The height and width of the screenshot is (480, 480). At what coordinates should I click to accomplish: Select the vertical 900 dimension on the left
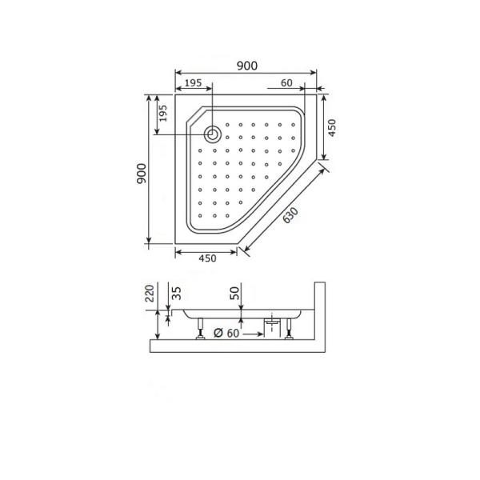coord(140,174)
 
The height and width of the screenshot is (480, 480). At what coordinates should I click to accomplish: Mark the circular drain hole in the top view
coord(213,134)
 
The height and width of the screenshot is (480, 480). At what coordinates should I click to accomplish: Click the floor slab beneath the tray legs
coord(240,346)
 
